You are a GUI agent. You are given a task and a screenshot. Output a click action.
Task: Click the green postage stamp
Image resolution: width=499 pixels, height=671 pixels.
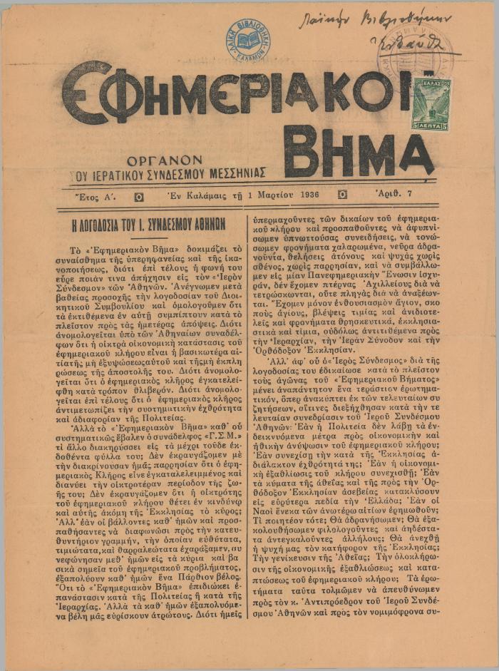(x=431, y=103)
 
